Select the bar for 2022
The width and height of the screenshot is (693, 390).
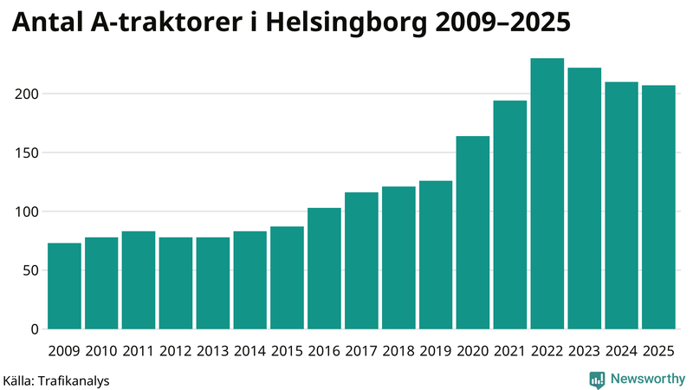tap(547, 194)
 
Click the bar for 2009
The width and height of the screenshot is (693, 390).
tap(64, 286)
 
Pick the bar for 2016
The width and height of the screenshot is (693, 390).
tap(324, 269)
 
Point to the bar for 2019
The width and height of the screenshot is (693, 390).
tap(436, 255)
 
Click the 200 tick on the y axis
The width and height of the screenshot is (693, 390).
tap(29, 94)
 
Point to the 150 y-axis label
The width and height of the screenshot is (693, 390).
tap(29, 153)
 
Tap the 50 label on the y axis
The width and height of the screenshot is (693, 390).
tap(32, 270)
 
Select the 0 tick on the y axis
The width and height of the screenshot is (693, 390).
tap(36, 329)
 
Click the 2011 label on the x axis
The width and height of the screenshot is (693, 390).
tap(139, 351)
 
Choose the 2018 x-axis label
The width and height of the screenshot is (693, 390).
tap(398, 351)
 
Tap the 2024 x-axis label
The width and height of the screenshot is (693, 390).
tap(622, 351)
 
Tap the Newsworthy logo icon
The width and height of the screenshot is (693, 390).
tap(597, 379)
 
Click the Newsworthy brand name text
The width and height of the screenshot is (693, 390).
tap(648, 379)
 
